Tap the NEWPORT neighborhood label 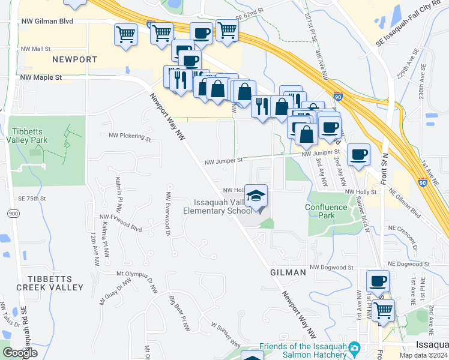[74, 59]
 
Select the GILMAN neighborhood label [288, 272]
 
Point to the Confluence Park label [326, 211]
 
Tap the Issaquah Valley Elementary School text [218, 207]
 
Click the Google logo [20, 353]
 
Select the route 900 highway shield [13, 214]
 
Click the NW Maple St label [41, 77]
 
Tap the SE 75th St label [32, 198]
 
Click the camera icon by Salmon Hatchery [354, 347]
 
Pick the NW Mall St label [35, 48]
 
